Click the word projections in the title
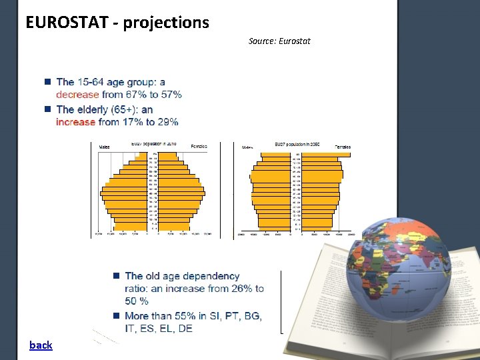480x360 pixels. coord(167,23)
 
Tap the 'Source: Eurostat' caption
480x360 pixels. coord(279,41)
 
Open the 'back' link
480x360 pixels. coord(41,345)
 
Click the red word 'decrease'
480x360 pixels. coord(77,95)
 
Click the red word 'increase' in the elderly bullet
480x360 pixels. coord(75,122)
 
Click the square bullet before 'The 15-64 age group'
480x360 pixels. coord(48,82)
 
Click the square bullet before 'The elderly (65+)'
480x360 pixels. coord(48,109)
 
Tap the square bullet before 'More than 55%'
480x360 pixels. coord(116,315)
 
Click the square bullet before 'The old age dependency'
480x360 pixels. coord(116,275)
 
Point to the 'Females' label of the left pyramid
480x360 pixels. coord(199,146)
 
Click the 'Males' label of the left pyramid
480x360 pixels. coord(105,146)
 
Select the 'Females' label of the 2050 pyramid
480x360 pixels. coord(343,147)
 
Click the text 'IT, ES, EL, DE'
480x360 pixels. coord(159,329)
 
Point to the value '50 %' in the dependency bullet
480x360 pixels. coord(137,302)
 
